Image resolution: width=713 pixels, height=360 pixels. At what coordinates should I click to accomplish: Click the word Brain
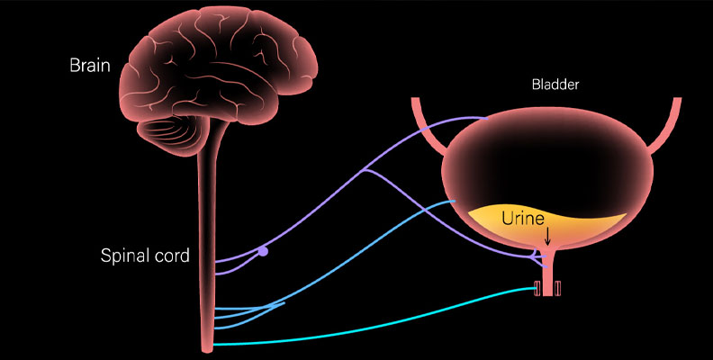(x=90, y=66)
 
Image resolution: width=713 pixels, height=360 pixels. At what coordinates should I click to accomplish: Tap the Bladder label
(x=555, y=85)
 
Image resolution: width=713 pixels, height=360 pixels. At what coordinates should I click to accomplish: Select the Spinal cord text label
(x=145, y=256)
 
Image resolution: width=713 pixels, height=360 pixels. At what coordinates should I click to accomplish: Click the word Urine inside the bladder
(x=523, y=219)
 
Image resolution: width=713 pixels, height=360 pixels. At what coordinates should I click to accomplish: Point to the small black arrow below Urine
(x=547, y=236)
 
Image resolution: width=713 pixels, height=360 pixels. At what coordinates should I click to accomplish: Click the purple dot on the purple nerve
(x=263, y=251)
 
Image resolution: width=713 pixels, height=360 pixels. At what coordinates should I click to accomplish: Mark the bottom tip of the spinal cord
(x=207, y=351)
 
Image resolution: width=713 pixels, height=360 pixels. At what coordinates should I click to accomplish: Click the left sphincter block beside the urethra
(x=537, y=288)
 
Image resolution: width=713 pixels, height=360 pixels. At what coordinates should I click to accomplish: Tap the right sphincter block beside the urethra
(x=557, y=288)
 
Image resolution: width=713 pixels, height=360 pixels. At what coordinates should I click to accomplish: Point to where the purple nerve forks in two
(x=366, y=170)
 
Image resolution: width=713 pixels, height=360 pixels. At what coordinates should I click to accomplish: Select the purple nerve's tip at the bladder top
(x=487, y=119)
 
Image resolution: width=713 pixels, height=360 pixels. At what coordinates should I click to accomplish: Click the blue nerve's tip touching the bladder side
(x=455, y=201)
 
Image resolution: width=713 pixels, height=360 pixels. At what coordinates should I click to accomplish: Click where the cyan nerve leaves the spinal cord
(x=214, y=345)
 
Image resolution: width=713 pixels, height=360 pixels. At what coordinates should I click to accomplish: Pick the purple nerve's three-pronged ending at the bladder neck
(x=537, y=257)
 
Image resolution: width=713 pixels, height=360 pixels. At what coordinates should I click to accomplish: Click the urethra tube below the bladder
(x=547, y=273)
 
